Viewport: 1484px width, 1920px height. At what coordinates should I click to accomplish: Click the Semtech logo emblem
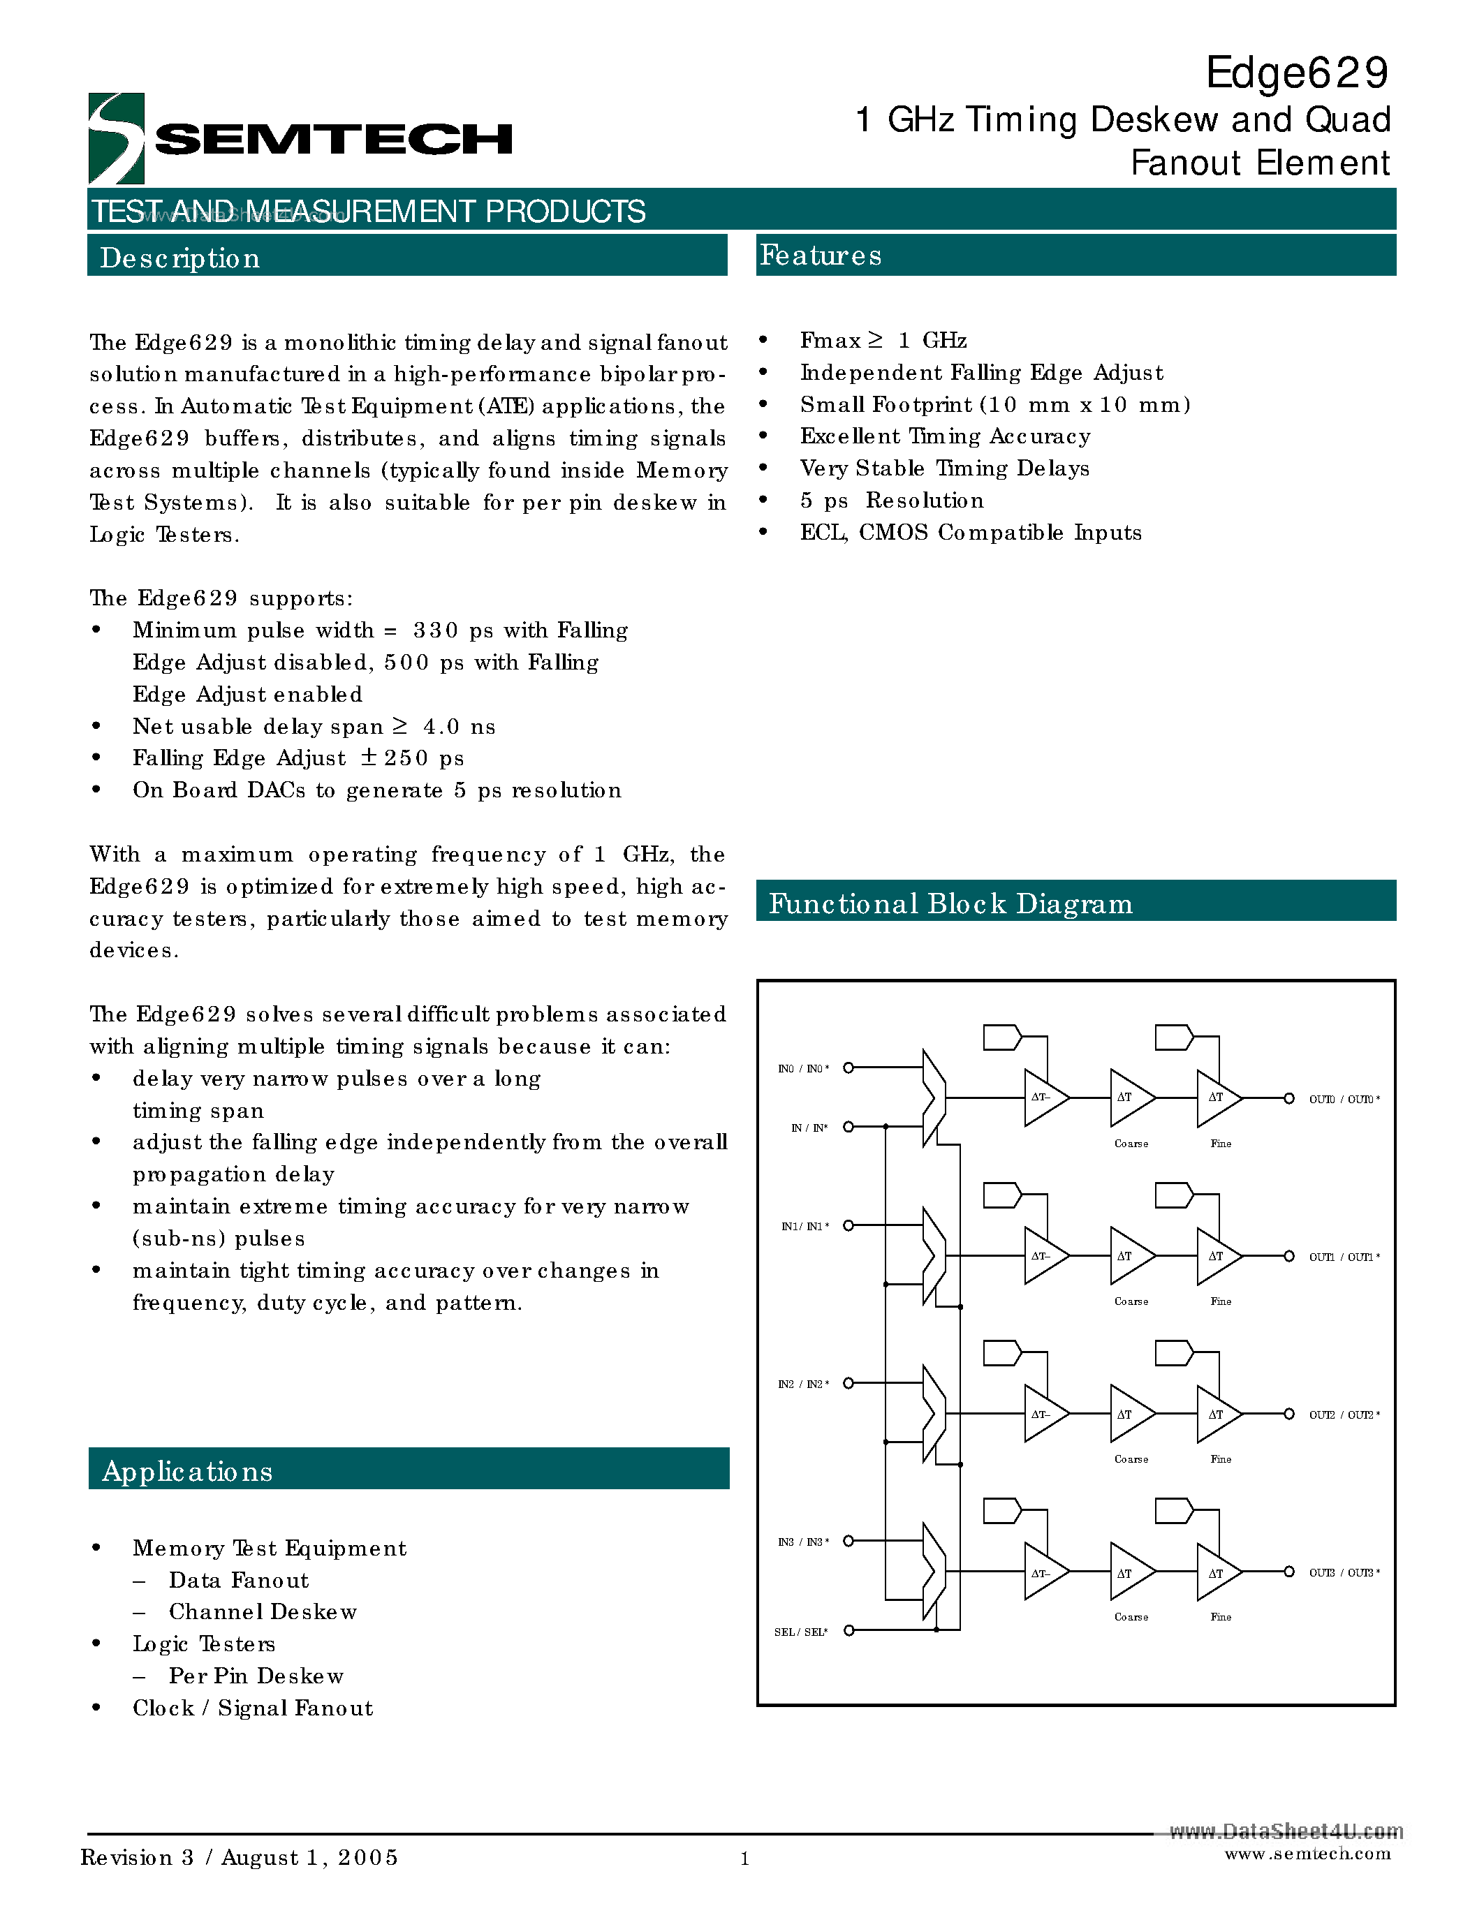[116, 138]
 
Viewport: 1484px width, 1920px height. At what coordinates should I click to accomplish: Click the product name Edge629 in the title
[1296, 73]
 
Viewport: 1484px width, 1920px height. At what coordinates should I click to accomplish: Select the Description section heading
[180, 258]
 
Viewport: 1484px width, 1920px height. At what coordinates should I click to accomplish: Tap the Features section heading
[821, 255]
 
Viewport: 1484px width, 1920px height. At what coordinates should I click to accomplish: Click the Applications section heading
[187, 1471]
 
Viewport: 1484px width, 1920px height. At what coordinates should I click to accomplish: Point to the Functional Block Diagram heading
[950, 903]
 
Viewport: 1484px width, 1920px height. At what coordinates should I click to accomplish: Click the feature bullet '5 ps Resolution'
[892, 500]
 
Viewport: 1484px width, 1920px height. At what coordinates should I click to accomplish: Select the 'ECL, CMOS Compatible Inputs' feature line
[970, 533]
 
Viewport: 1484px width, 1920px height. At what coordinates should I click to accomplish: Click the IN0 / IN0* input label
[802, 1068]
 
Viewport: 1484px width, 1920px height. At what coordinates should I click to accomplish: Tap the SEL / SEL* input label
[800, 1632]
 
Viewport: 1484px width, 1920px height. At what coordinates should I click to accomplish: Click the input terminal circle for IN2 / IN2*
[848, 1383]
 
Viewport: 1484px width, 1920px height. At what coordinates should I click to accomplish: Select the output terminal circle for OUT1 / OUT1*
[1289, 1256]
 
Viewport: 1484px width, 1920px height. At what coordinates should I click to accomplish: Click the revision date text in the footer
[239, 1856]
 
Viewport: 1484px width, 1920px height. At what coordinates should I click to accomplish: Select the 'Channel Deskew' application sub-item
[262, 1611]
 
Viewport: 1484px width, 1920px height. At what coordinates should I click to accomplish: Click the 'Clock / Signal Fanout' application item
[252, 1707]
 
